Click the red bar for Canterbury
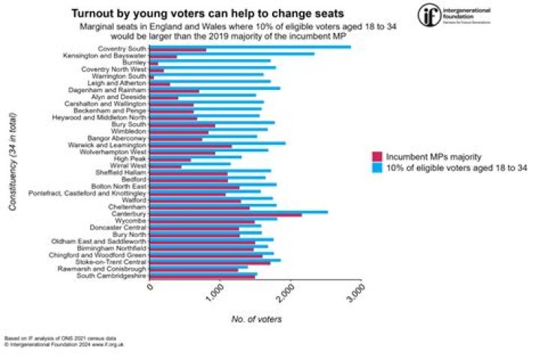click(x=225, y=215)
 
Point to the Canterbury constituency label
click(x=125, y=214)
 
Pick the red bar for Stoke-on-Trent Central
click(x=210, y=262)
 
